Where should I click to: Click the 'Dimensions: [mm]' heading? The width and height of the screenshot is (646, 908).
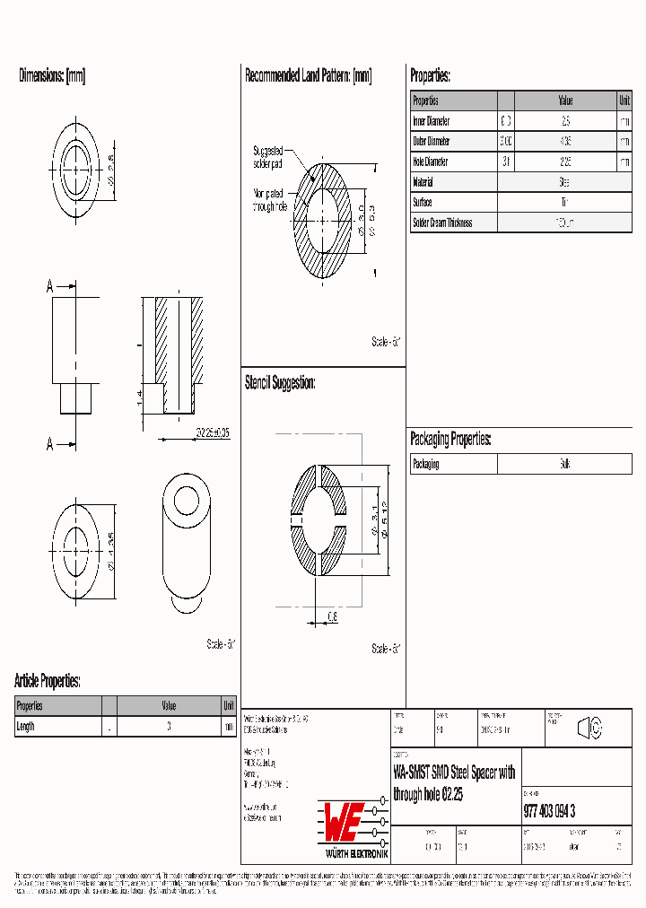point(52,76)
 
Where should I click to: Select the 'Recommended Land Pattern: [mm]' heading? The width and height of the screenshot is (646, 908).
point(308,76)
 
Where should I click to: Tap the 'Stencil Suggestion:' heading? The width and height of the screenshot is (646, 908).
point(280,383)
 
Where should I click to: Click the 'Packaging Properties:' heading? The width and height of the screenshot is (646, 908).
point(450,439)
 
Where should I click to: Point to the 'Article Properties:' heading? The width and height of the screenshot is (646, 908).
point(48,681)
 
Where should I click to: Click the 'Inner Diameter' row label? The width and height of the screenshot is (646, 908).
point(432,121)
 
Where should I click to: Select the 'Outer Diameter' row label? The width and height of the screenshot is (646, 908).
point(432,142)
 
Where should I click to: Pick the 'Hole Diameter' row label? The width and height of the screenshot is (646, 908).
point(431,162)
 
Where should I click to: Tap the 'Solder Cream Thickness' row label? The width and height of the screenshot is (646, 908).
point(442,223)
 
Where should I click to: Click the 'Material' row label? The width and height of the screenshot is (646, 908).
point(423,182)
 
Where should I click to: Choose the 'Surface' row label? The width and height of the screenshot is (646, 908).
point(422,203)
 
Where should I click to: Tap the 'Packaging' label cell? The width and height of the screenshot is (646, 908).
point(426,465)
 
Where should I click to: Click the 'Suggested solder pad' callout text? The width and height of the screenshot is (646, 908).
point(268,158)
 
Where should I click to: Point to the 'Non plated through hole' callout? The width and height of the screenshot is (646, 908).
point(270,200)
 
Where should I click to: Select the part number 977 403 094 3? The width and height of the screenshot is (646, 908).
point(549,812)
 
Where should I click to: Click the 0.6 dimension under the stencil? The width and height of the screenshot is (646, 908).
point(332,616)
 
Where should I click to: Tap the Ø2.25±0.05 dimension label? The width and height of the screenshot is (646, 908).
point(213,432)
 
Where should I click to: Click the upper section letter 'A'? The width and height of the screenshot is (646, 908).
point(50,287)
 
